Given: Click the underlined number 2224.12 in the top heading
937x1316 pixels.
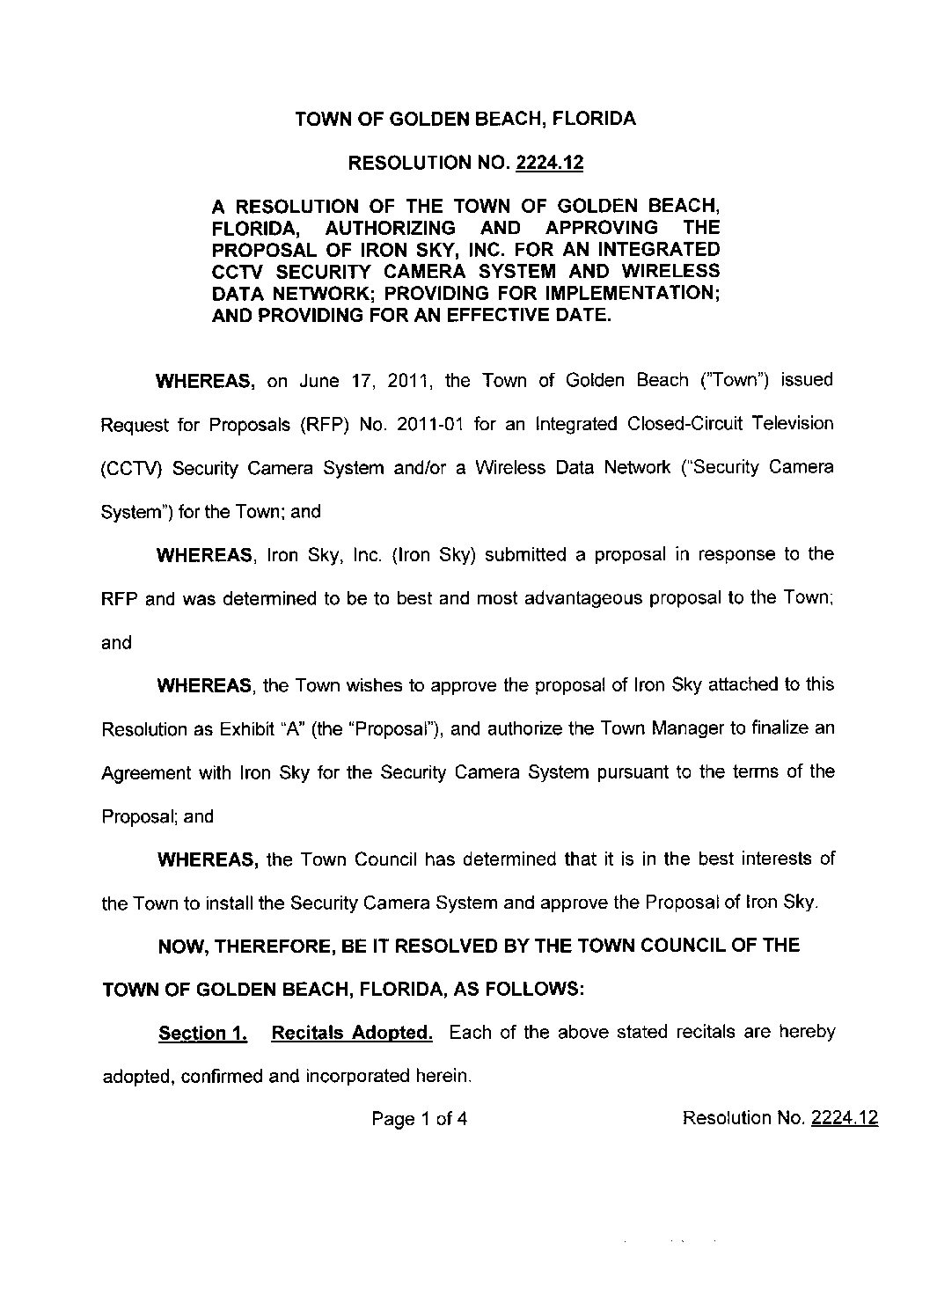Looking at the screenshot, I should click(550, 163).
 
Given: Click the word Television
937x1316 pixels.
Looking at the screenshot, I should click(788, 424).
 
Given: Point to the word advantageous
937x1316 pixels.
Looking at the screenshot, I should click(584, 598).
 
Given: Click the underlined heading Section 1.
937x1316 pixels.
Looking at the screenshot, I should click(203, 1033).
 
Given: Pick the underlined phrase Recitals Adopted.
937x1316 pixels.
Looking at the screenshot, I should click(352, 1033).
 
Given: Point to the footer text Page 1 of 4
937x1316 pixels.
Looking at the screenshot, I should click(420, 1119).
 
